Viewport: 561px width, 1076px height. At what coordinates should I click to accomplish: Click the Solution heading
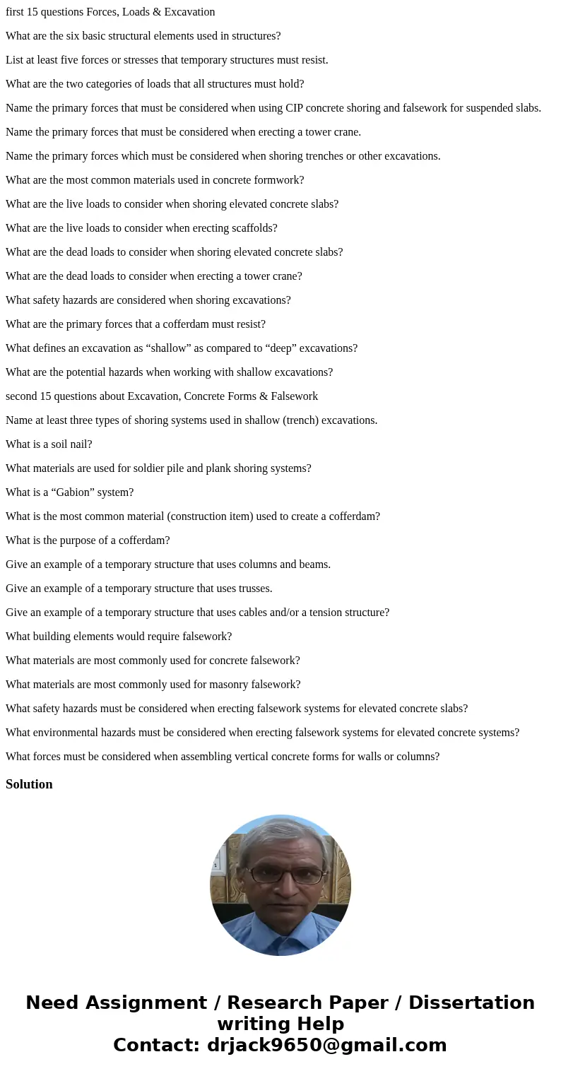tap(29, 784)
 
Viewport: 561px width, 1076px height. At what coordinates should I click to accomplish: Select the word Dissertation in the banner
tap(471, 1003)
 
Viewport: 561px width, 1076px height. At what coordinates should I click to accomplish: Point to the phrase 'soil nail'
tap(64, 444)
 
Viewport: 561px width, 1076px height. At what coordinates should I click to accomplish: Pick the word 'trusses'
tap(252, 589)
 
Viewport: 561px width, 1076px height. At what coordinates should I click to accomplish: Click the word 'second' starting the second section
tap(22, 396)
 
